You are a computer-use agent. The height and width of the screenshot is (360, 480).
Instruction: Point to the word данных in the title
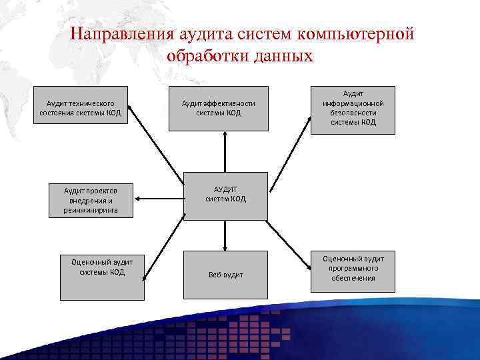click(x=283, y=55)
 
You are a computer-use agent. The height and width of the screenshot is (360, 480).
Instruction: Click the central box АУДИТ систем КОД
click(x=225, y=195)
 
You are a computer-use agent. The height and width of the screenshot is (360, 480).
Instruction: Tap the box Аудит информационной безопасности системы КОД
click(x=353, y=110)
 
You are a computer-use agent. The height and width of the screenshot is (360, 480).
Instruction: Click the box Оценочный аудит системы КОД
click(x=102, y=275)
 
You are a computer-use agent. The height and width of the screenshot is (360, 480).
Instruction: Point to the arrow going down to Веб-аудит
click(x=225, y=235)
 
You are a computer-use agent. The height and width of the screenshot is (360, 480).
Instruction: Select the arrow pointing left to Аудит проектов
click(x=159, y=198)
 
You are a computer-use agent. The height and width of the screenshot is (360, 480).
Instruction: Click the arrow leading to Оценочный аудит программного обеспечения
click(x=291, y=244)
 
